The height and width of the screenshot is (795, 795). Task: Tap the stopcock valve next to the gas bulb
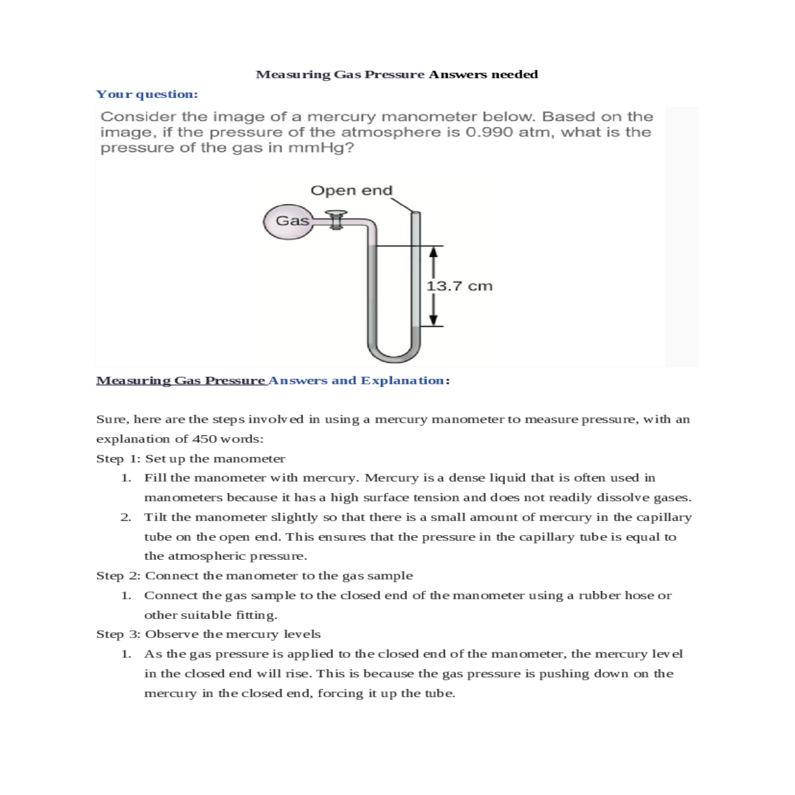[x=337, y=221]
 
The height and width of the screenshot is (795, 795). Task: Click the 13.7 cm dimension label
[x=459, y=286]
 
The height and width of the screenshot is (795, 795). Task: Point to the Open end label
[x=351, y=191]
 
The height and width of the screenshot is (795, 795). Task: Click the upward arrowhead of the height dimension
[x=433, y=252]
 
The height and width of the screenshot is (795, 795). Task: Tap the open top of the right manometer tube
[x=415, y=214]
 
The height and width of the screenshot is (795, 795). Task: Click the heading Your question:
[x=147, y=94]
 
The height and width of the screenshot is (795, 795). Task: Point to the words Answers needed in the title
[x=483, y=74]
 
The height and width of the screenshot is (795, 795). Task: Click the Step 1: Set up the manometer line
[x=191, y=458]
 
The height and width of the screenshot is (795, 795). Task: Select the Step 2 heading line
[x=254, y=576]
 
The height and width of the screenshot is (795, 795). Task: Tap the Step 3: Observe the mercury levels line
[x=208, y=634]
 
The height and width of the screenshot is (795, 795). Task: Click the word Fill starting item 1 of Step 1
[x=154, y=478]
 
